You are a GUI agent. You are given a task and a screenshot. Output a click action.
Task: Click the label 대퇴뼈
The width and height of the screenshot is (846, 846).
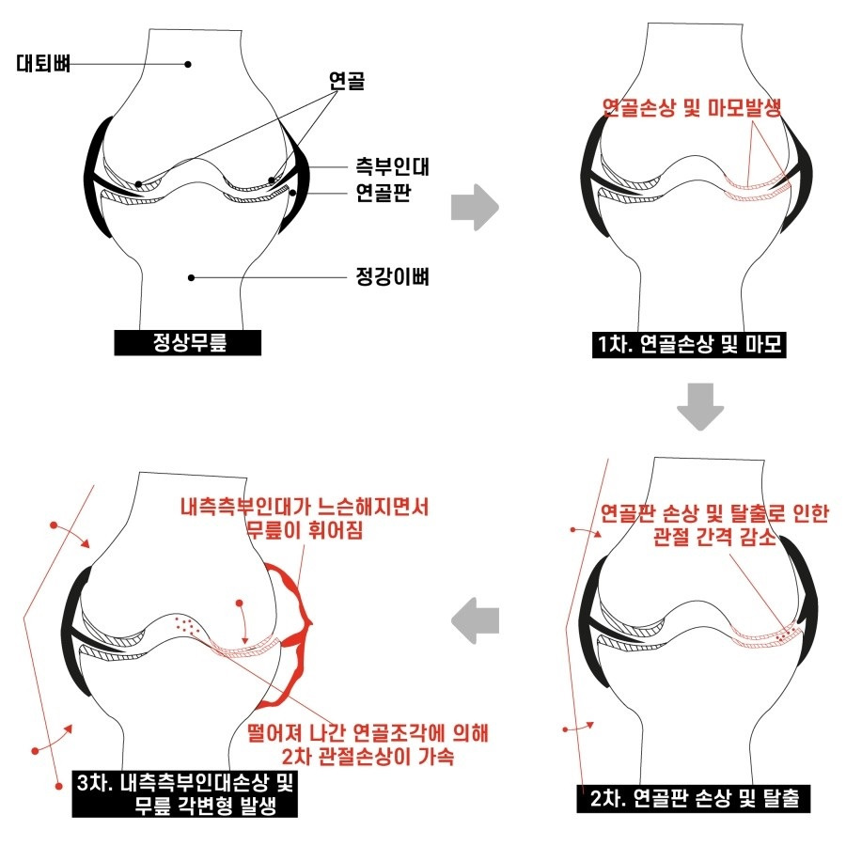pyautogui.click(x=43, y=63)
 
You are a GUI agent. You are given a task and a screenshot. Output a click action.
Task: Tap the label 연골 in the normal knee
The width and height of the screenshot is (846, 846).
pyautogui.click(x=346, y=81)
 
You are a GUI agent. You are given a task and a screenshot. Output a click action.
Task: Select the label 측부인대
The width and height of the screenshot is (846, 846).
pyautogui.click(x=392, y=166)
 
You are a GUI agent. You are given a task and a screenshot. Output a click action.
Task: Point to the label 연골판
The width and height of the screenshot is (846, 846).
pyautogui.click(x=384, y=192)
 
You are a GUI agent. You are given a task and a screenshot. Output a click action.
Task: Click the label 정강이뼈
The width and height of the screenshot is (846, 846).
pyautogui.click(x=392, y=276)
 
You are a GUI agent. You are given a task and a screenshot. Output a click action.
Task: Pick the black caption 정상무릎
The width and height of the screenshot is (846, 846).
pyautogui.click(x=188, y=342)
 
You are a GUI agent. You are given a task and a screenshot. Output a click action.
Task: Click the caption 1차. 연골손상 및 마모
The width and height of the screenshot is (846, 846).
pyautogui.click(x=689, y=345)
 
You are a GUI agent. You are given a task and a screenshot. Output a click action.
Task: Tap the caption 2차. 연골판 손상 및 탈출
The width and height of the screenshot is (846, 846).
pyautogui.click(x=694, y=798)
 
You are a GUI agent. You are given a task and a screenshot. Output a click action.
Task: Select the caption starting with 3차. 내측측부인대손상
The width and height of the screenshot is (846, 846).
pyautogui.click(x=185, y=793)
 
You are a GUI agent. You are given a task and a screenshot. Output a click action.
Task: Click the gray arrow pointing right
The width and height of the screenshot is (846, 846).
pyautogui.click(x=475, y=208)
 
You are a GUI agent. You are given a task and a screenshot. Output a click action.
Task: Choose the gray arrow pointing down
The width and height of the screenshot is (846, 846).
pyautogui.click(x=700, y=407)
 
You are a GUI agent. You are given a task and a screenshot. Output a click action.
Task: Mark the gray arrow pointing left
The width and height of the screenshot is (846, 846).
pyautogui.click(x=475, y=620)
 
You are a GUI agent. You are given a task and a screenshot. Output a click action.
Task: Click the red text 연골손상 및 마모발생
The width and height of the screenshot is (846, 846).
pyautogui.click(x=692, y=108)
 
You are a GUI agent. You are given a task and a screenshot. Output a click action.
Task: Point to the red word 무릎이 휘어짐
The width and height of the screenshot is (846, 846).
pyautogui.click(x=305, y=530)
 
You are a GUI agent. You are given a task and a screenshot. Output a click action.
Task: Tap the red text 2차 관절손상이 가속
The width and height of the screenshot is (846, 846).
pyautogui.click(x=368, y=757)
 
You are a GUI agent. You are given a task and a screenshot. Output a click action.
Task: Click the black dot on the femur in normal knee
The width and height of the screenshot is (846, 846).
pyautogui.click(x=188, y=64)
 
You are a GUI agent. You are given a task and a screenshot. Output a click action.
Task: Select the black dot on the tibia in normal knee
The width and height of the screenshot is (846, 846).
pyautogui.click(x=191, y=278)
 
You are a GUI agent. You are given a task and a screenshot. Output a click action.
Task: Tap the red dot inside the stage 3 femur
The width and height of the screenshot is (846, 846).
pyautogui.click(x=240, y=603)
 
